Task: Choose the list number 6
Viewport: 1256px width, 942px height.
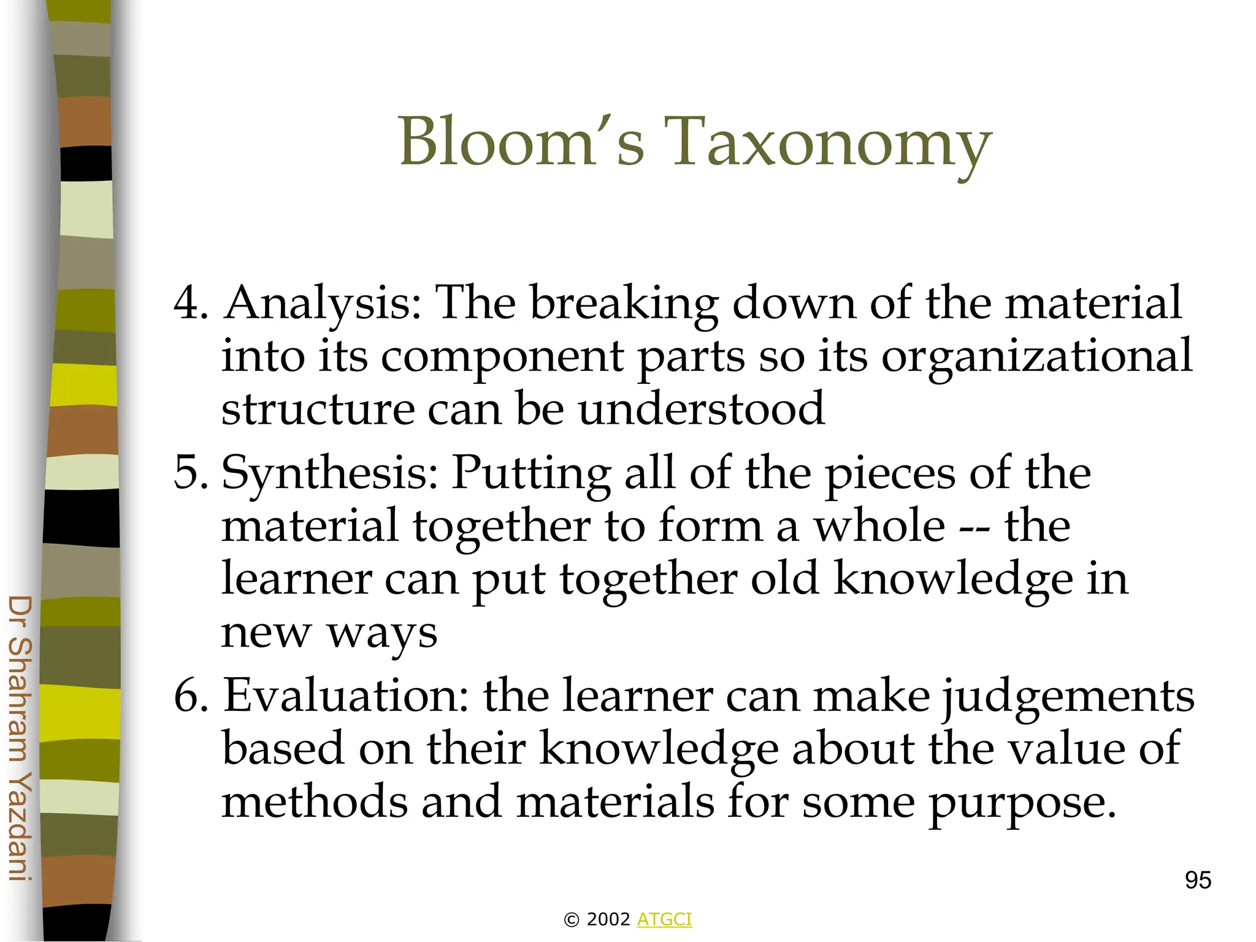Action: tap(191, 695)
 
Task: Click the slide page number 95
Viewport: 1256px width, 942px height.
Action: tap(1198, 881)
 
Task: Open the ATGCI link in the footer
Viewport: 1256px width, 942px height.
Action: tap(664, 919)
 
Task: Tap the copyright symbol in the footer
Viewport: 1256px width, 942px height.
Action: tap(571, 920)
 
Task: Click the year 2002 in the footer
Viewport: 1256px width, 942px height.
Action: tap(608, 919)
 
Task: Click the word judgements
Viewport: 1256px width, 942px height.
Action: tap(1068, 697)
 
